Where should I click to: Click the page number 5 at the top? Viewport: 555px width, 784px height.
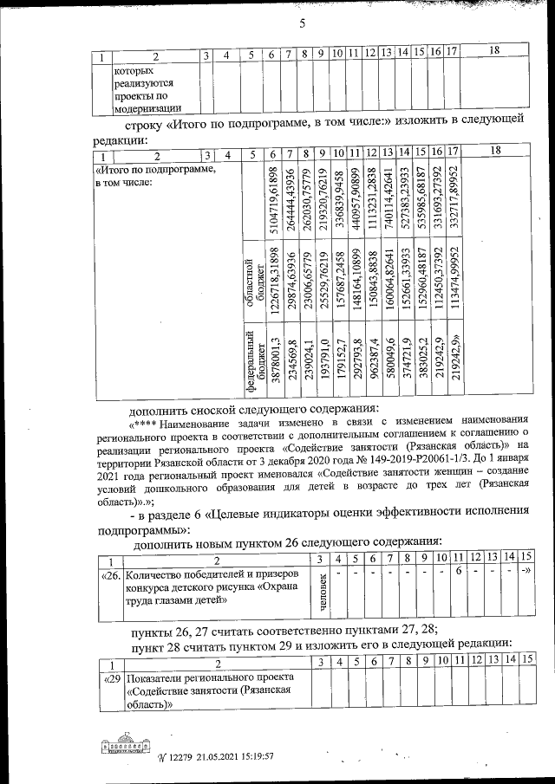pos(303,23)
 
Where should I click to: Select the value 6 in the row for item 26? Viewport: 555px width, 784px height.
pos(456,573)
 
